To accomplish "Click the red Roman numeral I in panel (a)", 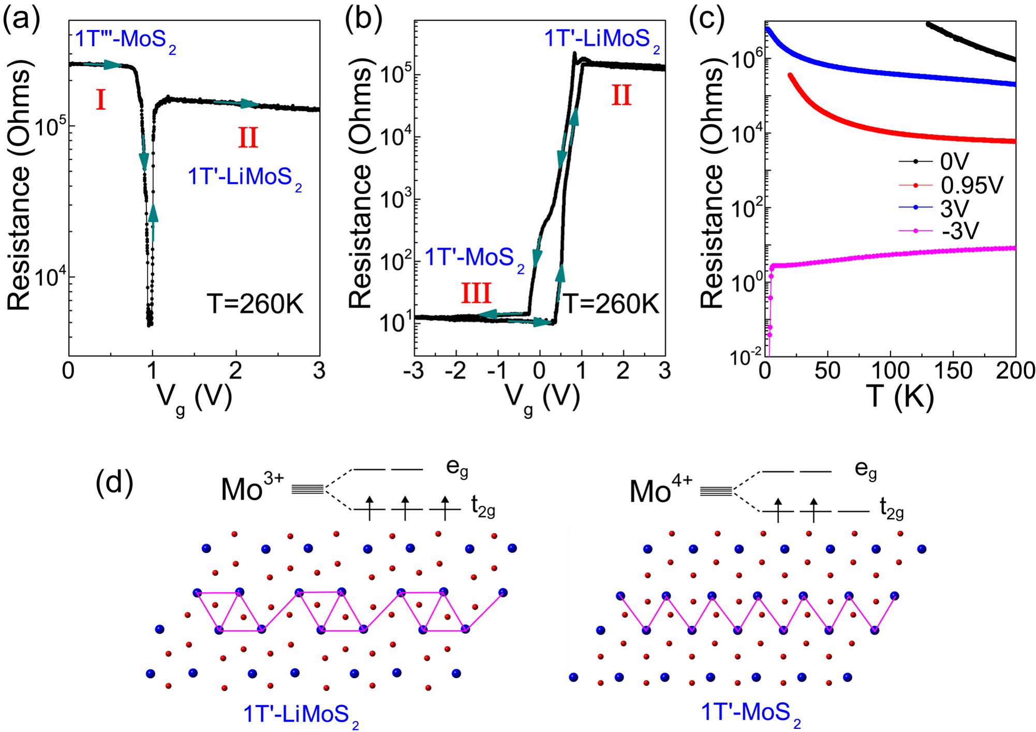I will pos(101,100).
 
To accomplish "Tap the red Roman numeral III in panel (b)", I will pos(476,294).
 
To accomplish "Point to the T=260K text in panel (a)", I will pos(255,304).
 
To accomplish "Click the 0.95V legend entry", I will pos(971,185).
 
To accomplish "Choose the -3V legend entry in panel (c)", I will pos(960,231).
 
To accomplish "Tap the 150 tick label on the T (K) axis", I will pos(953,371).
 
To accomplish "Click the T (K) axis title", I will pos(901,398).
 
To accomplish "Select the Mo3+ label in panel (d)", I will pos(252,488).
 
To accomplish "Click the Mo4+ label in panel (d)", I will pos(660,491).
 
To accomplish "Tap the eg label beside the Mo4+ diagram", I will pos(866,470).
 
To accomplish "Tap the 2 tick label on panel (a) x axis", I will pos(236,371).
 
